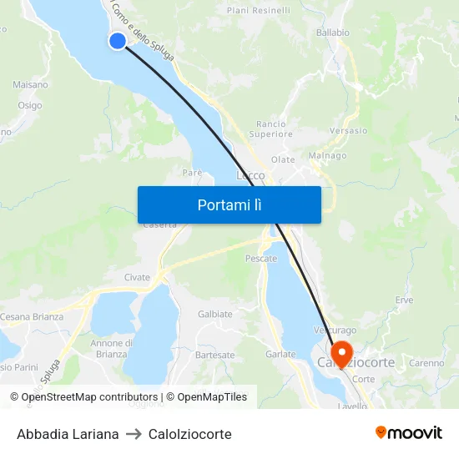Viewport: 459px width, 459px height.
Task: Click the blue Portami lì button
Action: [229, 204]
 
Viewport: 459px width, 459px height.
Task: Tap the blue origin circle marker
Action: [117, 40]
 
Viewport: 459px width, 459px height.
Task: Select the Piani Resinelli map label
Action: [259, 11]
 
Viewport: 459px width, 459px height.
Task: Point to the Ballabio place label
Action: [332, 33]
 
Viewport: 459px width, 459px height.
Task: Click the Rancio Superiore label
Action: [271, 129]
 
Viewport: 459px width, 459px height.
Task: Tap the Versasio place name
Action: [348, 131]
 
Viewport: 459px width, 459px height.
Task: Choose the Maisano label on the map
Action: [30, 84]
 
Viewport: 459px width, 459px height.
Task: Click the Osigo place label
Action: [30, 105]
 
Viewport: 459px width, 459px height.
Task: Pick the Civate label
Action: [137, 277]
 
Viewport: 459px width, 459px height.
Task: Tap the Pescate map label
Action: [261, 260]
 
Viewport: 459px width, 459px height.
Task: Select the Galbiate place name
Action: [215, 314]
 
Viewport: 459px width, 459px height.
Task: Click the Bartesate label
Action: [214, 355]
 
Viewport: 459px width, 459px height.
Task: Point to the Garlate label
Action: [280, 354]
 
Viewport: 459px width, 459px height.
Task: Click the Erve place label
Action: [405, 300]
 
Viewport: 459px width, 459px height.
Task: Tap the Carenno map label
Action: [426, 363]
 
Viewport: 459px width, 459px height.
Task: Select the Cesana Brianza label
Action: [32, 317]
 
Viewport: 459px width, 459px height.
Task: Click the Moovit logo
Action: [409, 433]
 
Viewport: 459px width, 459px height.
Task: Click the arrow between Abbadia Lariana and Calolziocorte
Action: [134, 434]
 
